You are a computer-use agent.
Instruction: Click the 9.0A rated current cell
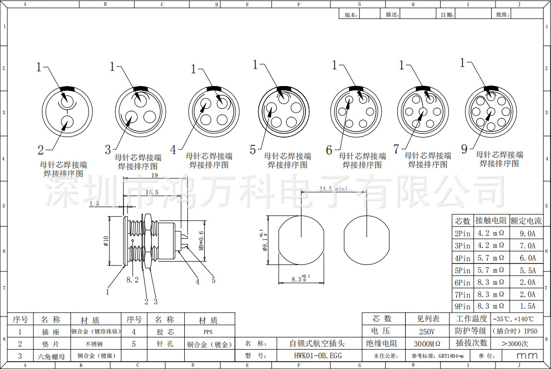(x=527, y=233)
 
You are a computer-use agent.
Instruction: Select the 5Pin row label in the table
(x=462, y=270)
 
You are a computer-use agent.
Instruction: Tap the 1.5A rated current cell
(x=527, y=306)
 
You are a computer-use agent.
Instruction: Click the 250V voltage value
(x=427, y=331)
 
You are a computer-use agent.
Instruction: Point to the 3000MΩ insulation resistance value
(x=427, y=343)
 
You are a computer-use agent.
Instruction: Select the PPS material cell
(x=208, y=332)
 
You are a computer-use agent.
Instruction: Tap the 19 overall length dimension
(x=154, y=176)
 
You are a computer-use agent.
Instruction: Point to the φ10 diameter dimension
(x=105, y=241)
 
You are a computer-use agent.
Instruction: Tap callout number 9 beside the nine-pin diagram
(x=464, y=149)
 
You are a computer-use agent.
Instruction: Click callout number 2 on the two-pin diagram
(x=41, y=149)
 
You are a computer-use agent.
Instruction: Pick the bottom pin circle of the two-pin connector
(x=67, y=122)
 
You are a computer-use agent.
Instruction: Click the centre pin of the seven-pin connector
(x=423, y=111)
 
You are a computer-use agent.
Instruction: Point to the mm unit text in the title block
(x=527, y=355)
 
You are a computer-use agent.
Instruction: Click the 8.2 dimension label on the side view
(x=132, y=280)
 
